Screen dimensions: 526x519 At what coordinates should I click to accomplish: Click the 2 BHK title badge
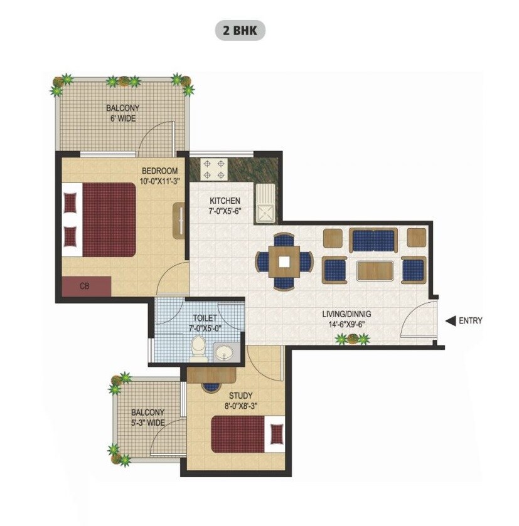point(240,30)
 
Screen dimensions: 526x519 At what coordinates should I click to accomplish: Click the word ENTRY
point(471,320)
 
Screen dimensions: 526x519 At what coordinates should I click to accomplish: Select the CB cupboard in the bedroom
point(87,286)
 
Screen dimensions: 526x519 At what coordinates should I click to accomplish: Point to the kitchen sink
point(265,204)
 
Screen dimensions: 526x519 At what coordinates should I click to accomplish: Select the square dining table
point(284,261)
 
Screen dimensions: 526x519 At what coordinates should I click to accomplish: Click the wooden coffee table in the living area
point(374,271)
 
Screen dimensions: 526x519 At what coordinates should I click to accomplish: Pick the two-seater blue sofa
point(373,240)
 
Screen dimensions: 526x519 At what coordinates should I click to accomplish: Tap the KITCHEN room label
point(225,201)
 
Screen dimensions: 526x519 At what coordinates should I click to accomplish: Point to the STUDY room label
point(240,396)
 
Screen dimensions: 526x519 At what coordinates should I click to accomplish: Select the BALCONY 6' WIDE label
point(122,113)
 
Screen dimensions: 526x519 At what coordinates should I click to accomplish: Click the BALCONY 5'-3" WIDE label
point(148,418)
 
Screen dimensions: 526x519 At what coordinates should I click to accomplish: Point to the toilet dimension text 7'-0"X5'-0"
point(205,327)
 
